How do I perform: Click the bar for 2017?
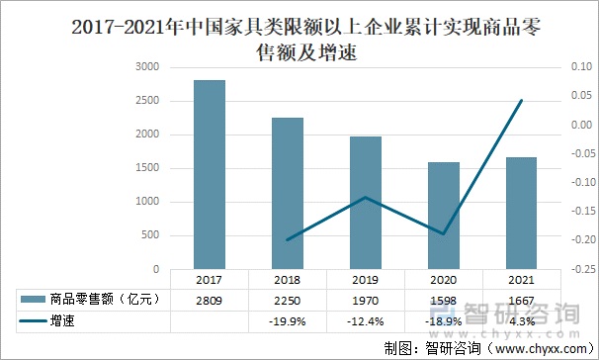(209, 174)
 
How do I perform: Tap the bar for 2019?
(366, 203)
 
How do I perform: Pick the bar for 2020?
(444, 215)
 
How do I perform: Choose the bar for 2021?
(522, 213)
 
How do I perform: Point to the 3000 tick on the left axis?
(146, 67)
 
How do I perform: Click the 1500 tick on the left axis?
(146, 168)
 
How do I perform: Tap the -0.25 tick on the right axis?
(580, 269)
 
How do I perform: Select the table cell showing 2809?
(209, 300)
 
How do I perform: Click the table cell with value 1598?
(444, 300)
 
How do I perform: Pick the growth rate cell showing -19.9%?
(288, 321)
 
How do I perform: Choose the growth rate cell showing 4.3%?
(522, 321)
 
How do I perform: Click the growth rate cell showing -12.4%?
(366, 321)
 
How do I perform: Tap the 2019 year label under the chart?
(366, 280)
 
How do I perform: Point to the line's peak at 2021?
(522, 100)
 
